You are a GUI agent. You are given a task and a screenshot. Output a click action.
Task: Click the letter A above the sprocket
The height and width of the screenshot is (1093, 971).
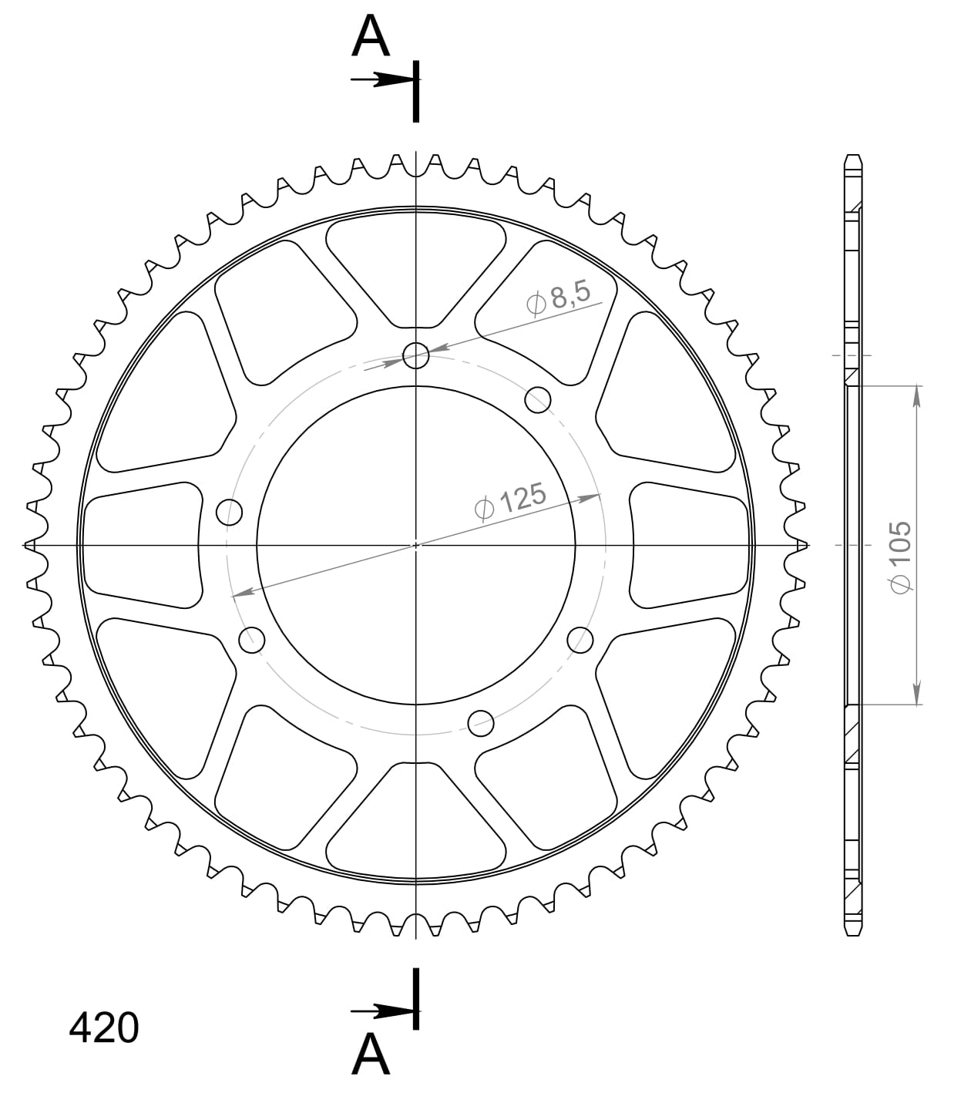(x=371, y=39)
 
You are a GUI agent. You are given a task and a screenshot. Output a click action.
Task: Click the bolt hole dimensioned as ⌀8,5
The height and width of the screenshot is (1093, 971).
(x=416, y=355)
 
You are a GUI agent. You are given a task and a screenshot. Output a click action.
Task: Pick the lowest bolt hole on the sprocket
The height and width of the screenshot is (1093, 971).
(x=481, y=722)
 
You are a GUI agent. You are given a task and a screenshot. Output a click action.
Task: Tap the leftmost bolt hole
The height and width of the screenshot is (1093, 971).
(x=229, y=512)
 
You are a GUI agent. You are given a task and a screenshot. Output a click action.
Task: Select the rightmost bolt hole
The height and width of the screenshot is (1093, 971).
(x=580, y=639)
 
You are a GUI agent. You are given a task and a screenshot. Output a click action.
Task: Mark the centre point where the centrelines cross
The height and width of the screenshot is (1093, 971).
(x=416, y=545)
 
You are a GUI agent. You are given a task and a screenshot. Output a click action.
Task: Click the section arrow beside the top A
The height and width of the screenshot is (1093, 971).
(x=381, y=79)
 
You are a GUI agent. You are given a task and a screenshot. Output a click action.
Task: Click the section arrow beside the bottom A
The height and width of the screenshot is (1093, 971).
(x=381, y=1011)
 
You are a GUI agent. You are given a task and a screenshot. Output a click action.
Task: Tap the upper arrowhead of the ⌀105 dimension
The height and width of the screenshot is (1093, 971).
(x=916, y=393)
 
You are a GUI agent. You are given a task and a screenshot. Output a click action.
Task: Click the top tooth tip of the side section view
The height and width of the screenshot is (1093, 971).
(x=852, y=157)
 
